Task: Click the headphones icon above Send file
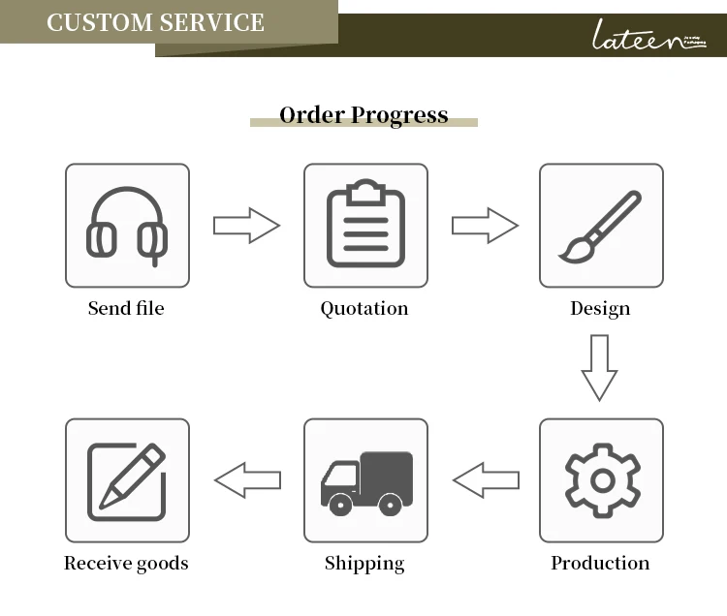127,226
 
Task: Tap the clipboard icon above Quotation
364,225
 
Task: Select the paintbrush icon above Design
601,226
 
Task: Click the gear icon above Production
601,480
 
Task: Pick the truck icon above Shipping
365,481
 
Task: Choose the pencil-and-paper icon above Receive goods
127,480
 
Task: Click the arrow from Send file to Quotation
246,226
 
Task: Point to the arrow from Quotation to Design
485,226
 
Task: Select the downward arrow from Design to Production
600,367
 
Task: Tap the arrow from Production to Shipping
486,479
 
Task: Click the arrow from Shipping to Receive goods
247,479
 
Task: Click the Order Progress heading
363,115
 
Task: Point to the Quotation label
364,309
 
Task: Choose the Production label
600,563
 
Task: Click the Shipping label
364,563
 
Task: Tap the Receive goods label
126,563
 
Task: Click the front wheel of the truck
339,504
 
